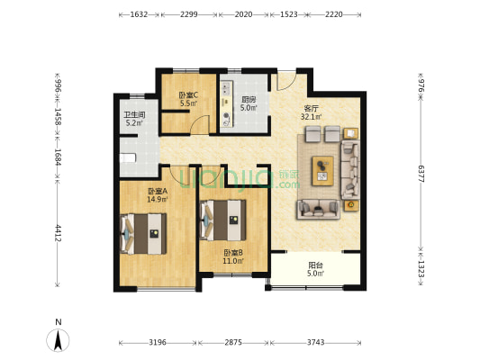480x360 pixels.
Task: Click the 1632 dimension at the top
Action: pyautogui.click(x=139, y=14)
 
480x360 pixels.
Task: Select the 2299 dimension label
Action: pyautogui.click(x=188, y=14)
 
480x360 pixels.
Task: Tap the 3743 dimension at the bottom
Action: pyautogui.click(x=315, y=342)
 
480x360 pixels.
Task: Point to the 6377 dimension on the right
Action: pyautogui.click(x=421, y=174)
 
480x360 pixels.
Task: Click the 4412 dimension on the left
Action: pyautogui.click(x=58, y=233)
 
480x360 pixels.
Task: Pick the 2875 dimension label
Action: pyautogui.click(x=233, y=342)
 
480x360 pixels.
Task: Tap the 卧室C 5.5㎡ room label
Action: pyautogui.click(x=188, y=99)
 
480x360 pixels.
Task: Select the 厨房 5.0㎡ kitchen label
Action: pyautogui.click(x=249, y=103)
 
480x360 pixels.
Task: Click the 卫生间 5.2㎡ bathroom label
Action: pyautogui.click(x=134, y=119)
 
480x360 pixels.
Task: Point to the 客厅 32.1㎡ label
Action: pyautogui.click(x=311, y=112)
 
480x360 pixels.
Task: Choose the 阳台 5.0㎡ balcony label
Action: pyautogui.click(x=315, y=269)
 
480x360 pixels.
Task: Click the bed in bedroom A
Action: pyautogui.click(x=143, y=234)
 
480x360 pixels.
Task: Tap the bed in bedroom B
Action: pyautogui.click(x=222, y=220)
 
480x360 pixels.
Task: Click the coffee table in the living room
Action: pyautogui.click(x=322, y=171)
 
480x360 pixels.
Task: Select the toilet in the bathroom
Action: pyautogui.click(x=127, y=158)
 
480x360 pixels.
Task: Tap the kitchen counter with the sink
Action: pyautogui.click(x=227, y=103)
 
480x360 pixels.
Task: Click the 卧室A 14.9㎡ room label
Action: pyautogui.click(x=158, y=195)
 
